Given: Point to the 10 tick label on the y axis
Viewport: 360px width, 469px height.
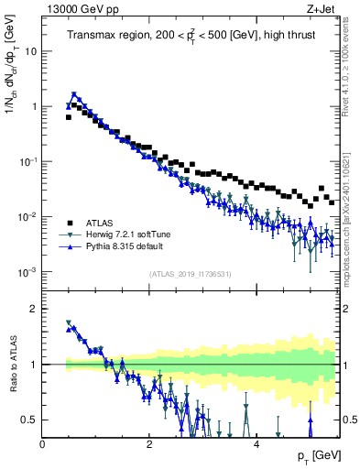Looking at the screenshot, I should click(x=30, y=51).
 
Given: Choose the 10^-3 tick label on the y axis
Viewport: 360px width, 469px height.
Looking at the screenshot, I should click(x=27, y=272).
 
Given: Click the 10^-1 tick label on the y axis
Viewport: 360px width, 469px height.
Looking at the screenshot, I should click(x=27, y=161).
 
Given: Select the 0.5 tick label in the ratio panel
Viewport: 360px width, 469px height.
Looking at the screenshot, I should click(x=28, y=420).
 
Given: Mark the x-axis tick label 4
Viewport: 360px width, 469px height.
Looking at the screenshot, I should click(x=256, y=444).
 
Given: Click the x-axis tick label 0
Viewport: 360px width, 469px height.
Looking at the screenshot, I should click(x=43, y=444).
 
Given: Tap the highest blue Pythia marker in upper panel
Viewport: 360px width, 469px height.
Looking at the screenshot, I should click(x=74, y=93).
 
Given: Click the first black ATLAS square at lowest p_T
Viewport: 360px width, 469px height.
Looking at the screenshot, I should click(x=69, y=117).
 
